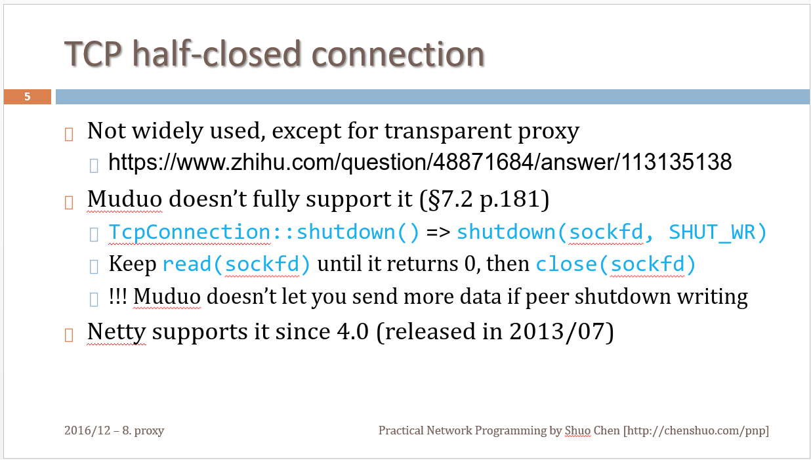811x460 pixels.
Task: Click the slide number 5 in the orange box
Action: pos(27,96)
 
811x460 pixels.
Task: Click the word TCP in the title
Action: pos(93,54)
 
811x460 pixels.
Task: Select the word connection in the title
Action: pos(398,54)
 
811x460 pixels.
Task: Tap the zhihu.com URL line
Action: pos(420,162)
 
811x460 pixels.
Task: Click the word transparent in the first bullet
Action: pos(448,131)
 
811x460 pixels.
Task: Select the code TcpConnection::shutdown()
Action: pos(264,232)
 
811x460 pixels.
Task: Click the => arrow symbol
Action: pos(438,232)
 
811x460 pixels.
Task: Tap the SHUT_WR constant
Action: pos(712,232)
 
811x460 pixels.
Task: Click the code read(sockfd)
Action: pos(236,264)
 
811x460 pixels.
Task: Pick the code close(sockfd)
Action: pos(615,264)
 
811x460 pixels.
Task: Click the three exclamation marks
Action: pos(117,296)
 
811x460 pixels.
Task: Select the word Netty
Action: pos(117,331)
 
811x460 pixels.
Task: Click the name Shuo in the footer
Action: pos(578,430)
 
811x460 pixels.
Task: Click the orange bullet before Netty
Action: pos(69,335)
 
